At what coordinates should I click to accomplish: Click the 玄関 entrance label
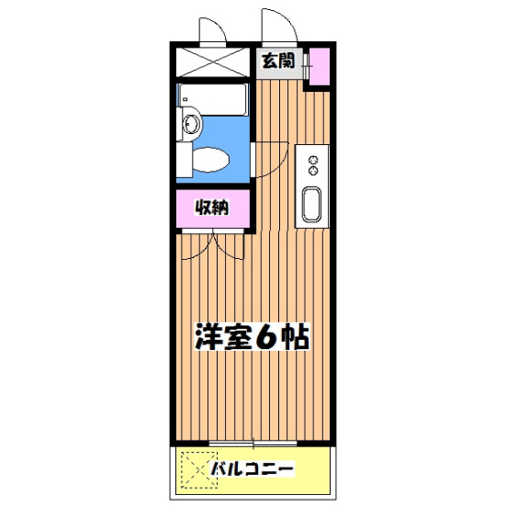pos(278,62)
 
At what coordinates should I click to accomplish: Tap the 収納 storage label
pos(211,207)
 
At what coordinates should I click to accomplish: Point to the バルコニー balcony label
pos(252,470)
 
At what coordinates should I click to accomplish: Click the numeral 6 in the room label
pos(264,337)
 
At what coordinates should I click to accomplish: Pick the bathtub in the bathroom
pos(213,99)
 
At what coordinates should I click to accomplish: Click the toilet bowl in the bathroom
pos(213,160)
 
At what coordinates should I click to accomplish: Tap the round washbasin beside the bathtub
pos(190,125)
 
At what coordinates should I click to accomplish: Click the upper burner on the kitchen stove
pos(313,158)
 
